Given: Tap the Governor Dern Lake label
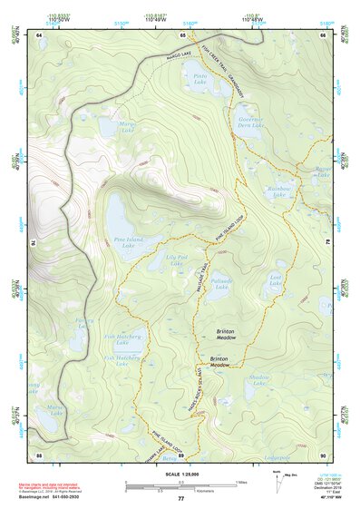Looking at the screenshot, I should point(249,122).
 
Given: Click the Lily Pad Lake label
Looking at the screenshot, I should point(178,259).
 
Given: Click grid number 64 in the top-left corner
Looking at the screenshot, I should point(39,34).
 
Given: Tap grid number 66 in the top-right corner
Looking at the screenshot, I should point(324,34).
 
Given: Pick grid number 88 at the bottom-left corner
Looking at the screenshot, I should point(39,454).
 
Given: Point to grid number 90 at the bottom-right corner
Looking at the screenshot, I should point(324,454).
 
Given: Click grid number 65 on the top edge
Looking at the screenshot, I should point(182,34).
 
